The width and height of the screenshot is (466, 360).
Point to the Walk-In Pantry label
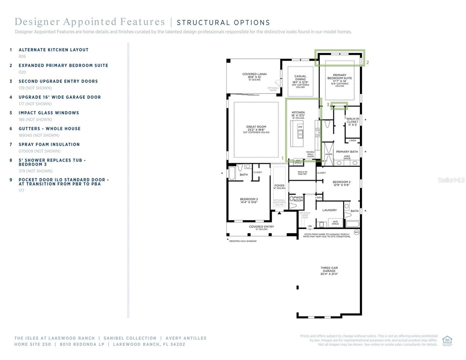302,173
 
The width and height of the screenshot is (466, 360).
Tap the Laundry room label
329,210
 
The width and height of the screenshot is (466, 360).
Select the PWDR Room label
298,199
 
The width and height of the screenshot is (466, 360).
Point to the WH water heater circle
356,232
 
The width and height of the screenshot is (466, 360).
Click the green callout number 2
368,62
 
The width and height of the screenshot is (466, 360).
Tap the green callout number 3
328,105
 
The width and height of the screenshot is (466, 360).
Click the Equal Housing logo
447,340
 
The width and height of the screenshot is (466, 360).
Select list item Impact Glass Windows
49,113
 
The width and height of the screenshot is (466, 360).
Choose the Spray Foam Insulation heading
49,144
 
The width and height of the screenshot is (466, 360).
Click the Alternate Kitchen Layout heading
53,50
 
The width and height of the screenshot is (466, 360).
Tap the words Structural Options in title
223,23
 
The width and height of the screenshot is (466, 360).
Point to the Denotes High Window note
243,241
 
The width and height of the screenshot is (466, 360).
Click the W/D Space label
335,223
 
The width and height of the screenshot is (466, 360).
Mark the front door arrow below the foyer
279,213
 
